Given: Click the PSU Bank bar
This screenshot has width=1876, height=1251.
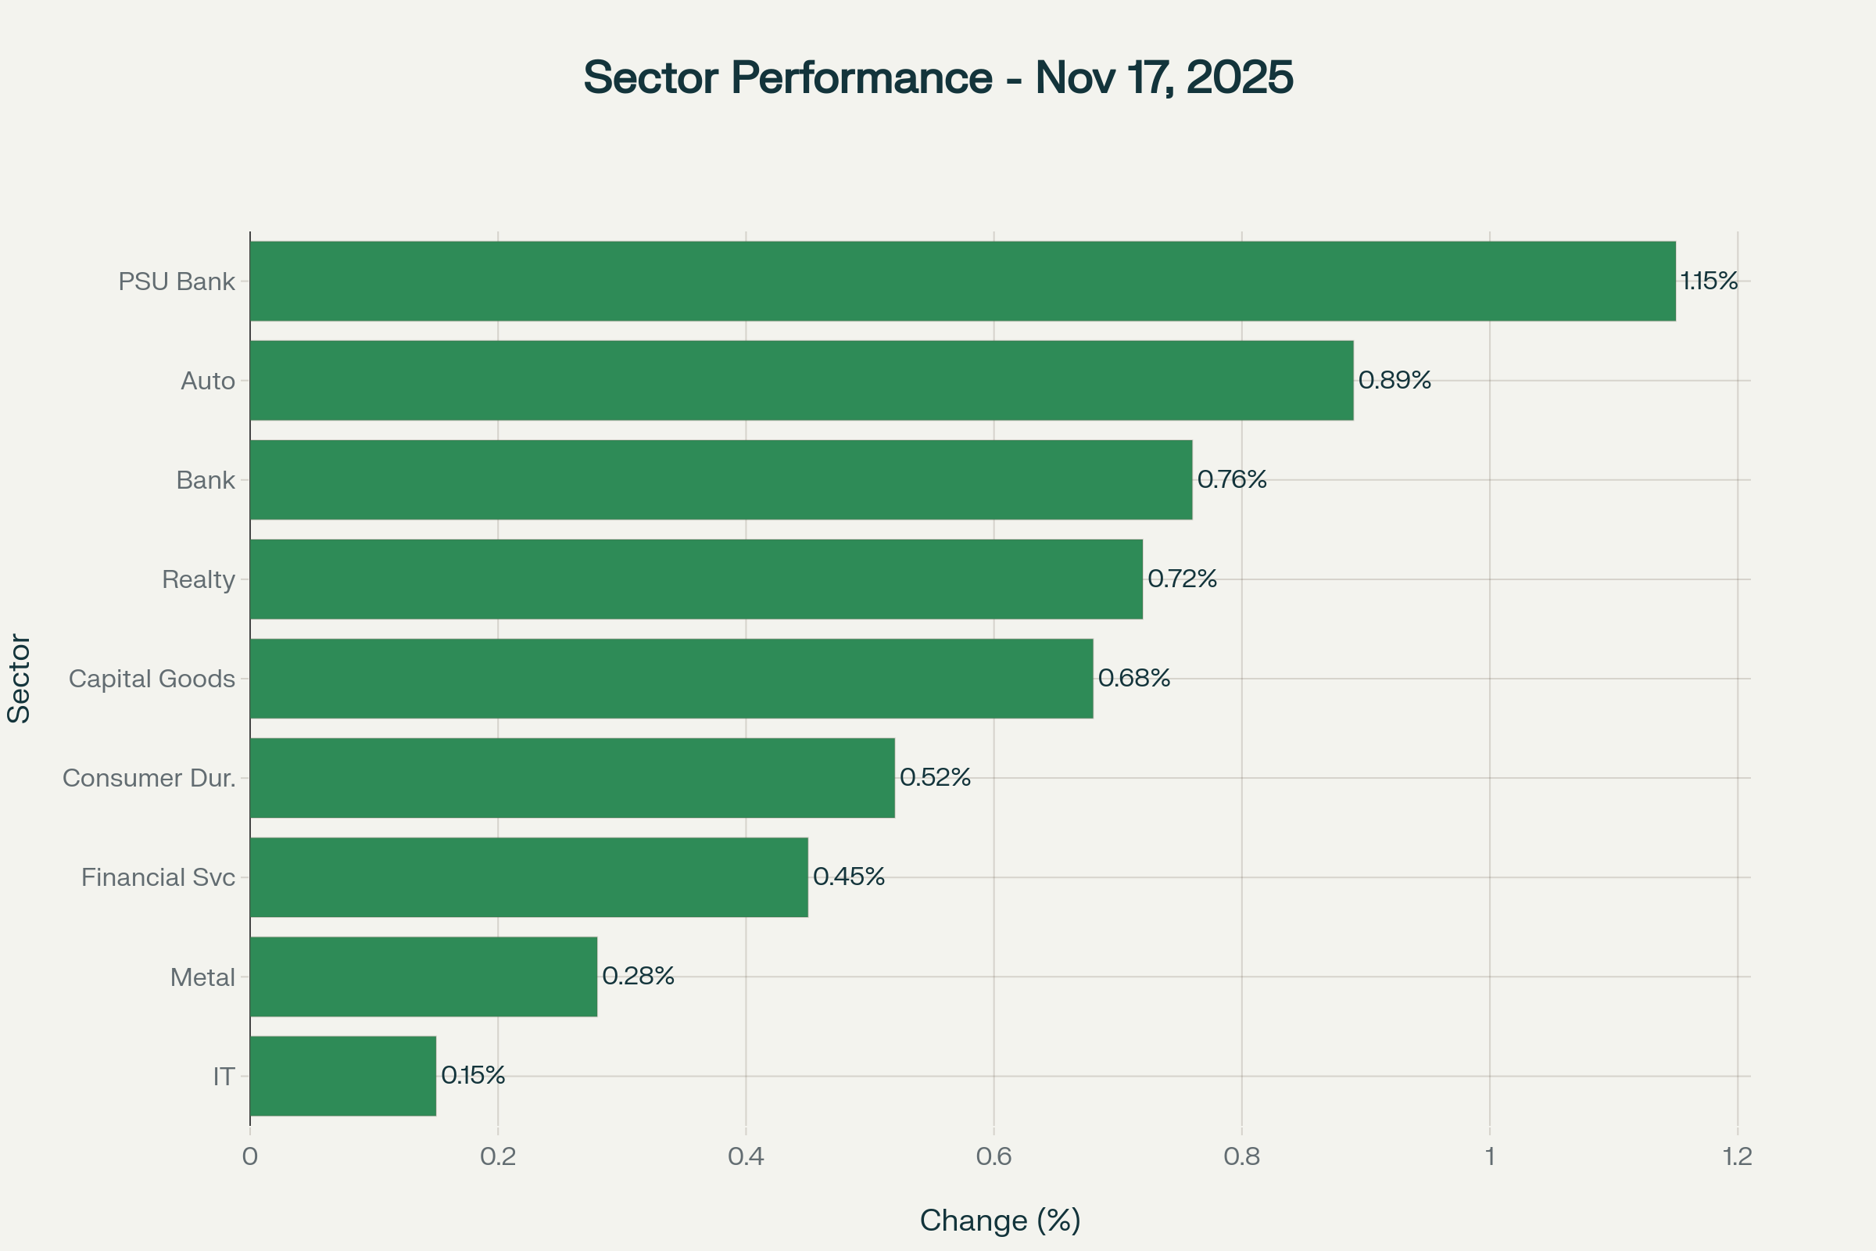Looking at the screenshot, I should click(962, 281).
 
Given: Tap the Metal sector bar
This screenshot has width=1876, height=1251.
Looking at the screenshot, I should click(423, 977).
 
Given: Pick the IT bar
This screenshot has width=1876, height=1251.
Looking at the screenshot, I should click(343, 1076).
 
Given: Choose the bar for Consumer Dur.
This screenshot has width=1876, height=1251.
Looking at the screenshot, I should click(572, 778).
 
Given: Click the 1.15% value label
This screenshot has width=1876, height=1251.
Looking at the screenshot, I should click(1709, 281).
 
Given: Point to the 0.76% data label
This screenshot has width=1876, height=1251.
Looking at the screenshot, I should click(1232, 479).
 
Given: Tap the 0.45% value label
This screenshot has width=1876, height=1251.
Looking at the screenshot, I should click(849, 876).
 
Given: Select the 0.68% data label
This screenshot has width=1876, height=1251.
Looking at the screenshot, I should click(1133, 678).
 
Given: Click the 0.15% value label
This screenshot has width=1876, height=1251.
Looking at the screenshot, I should click(473, 1076).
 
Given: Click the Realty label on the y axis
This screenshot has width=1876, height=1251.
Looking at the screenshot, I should click(198, 579).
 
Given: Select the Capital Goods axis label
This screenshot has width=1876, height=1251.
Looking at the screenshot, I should click(152, 679).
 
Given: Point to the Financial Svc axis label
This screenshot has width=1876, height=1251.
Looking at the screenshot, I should click(158, 877).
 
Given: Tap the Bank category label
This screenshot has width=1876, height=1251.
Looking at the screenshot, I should click(205, 480).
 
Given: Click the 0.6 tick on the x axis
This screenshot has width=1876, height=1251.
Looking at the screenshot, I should click(993, 1157).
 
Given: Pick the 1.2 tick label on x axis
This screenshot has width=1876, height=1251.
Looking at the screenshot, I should click(1737, 1157).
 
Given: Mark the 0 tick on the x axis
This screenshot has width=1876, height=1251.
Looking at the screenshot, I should click(249, 1157).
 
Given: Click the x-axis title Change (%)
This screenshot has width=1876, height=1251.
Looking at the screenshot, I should click(1001, 1221).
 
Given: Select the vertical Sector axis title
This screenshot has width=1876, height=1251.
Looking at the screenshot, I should click(19, 678).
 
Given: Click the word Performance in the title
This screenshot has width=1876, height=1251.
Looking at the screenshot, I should click(861, 77).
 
